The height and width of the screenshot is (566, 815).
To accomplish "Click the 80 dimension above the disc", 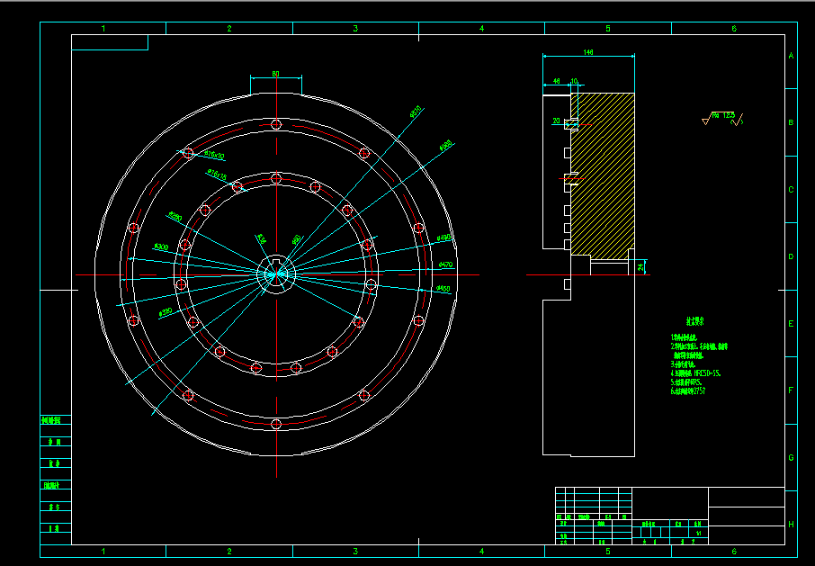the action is coord(274,74).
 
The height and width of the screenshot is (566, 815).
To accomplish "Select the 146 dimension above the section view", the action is coord(588,53).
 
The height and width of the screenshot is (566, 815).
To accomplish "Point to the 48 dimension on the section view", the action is coord(557,82).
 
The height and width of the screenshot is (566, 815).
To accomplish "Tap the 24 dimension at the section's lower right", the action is coord(640,267).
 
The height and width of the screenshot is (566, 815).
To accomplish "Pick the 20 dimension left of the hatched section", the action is coord(556,120).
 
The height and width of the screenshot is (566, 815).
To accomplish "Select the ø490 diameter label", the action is coord(443,238).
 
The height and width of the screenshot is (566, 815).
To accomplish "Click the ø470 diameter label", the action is coord(445,265).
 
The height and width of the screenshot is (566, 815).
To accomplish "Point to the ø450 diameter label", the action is coord(442,288).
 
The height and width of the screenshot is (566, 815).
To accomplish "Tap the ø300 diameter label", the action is coord(161,246).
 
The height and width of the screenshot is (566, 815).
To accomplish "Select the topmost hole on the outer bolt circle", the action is coord(276,124).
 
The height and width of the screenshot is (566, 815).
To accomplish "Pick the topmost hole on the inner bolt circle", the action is coord(276,178).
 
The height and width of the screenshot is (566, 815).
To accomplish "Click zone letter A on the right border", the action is coord(791,56).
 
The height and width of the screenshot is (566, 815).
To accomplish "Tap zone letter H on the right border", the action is coord(791,524).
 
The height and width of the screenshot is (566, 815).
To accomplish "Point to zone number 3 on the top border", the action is coord(355,29).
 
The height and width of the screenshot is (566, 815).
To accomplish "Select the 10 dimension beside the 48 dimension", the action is coord(574,82).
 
